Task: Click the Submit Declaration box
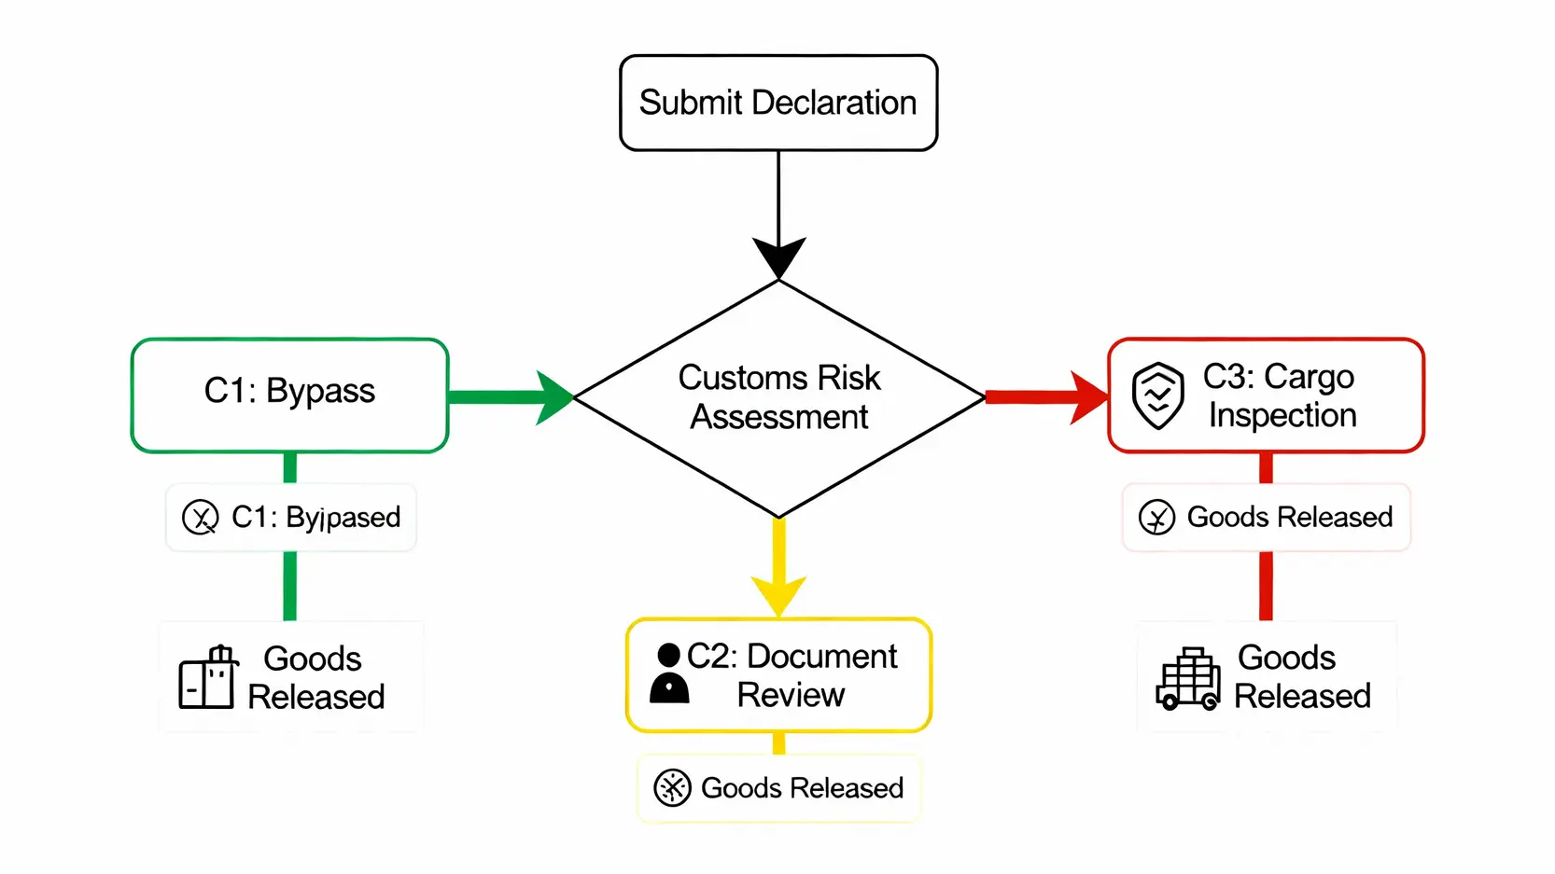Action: [x=778, y=103]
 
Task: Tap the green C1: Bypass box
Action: [x=289, y=395]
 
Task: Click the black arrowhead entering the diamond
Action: [x=778, y=256]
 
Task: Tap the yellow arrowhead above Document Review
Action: [x=778, y=594]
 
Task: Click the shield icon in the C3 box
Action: [x=1157, y=395]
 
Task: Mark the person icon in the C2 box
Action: [x=669, y=673]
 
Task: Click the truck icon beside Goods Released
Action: [x=1187, y=679]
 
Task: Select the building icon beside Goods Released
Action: [x=208, y=678]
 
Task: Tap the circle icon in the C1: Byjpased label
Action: [x=200, y=517]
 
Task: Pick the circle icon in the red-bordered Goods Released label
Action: [x=1156, y=517]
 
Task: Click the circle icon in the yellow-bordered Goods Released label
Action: [x=672, y=788]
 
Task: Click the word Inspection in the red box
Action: [x=1282, y=415]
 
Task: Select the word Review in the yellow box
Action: [x=791, y=695]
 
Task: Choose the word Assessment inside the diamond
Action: [x=779, y=417]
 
